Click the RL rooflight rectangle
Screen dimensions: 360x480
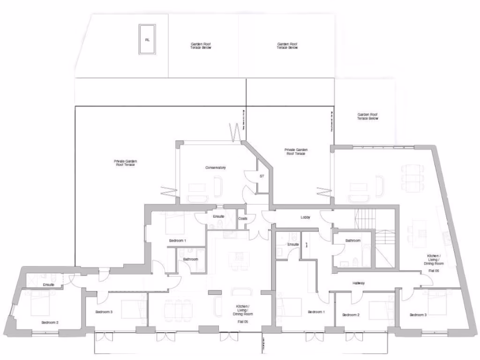pos(147,40)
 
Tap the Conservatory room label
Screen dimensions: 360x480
pos(216,167)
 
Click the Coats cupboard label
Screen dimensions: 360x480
pos(243,218)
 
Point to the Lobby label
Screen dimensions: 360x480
pos(306,217)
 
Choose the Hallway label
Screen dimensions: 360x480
pos(359,283)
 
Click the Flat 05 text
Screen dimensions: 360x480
pos(242,322)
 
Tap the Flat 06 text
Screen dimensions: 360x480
pos(433,271)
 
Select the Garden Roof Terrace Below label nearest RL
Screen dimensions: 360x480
pos(201,46)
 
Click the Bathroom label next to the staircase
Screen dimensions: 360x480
pos(353,240)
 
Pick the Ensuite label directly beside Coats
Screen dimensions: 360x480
pos(218,217)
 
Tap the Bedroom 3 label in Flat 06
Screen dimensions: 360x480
pos(418,315)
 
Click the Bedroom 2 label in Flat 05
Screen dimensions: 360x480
pos(50,322)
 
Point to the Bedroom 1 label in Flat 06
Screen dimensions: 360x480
pos(315,312)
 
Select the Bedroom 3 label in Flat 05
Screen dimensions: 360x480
pos(104,312)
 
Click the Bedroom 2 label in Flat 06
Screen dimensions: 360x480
pos(351,315)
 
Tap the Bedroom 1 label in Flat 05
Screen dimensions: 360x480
pos(178,240)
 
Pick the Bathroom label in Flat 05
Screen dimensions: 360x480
pos(190,259)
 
